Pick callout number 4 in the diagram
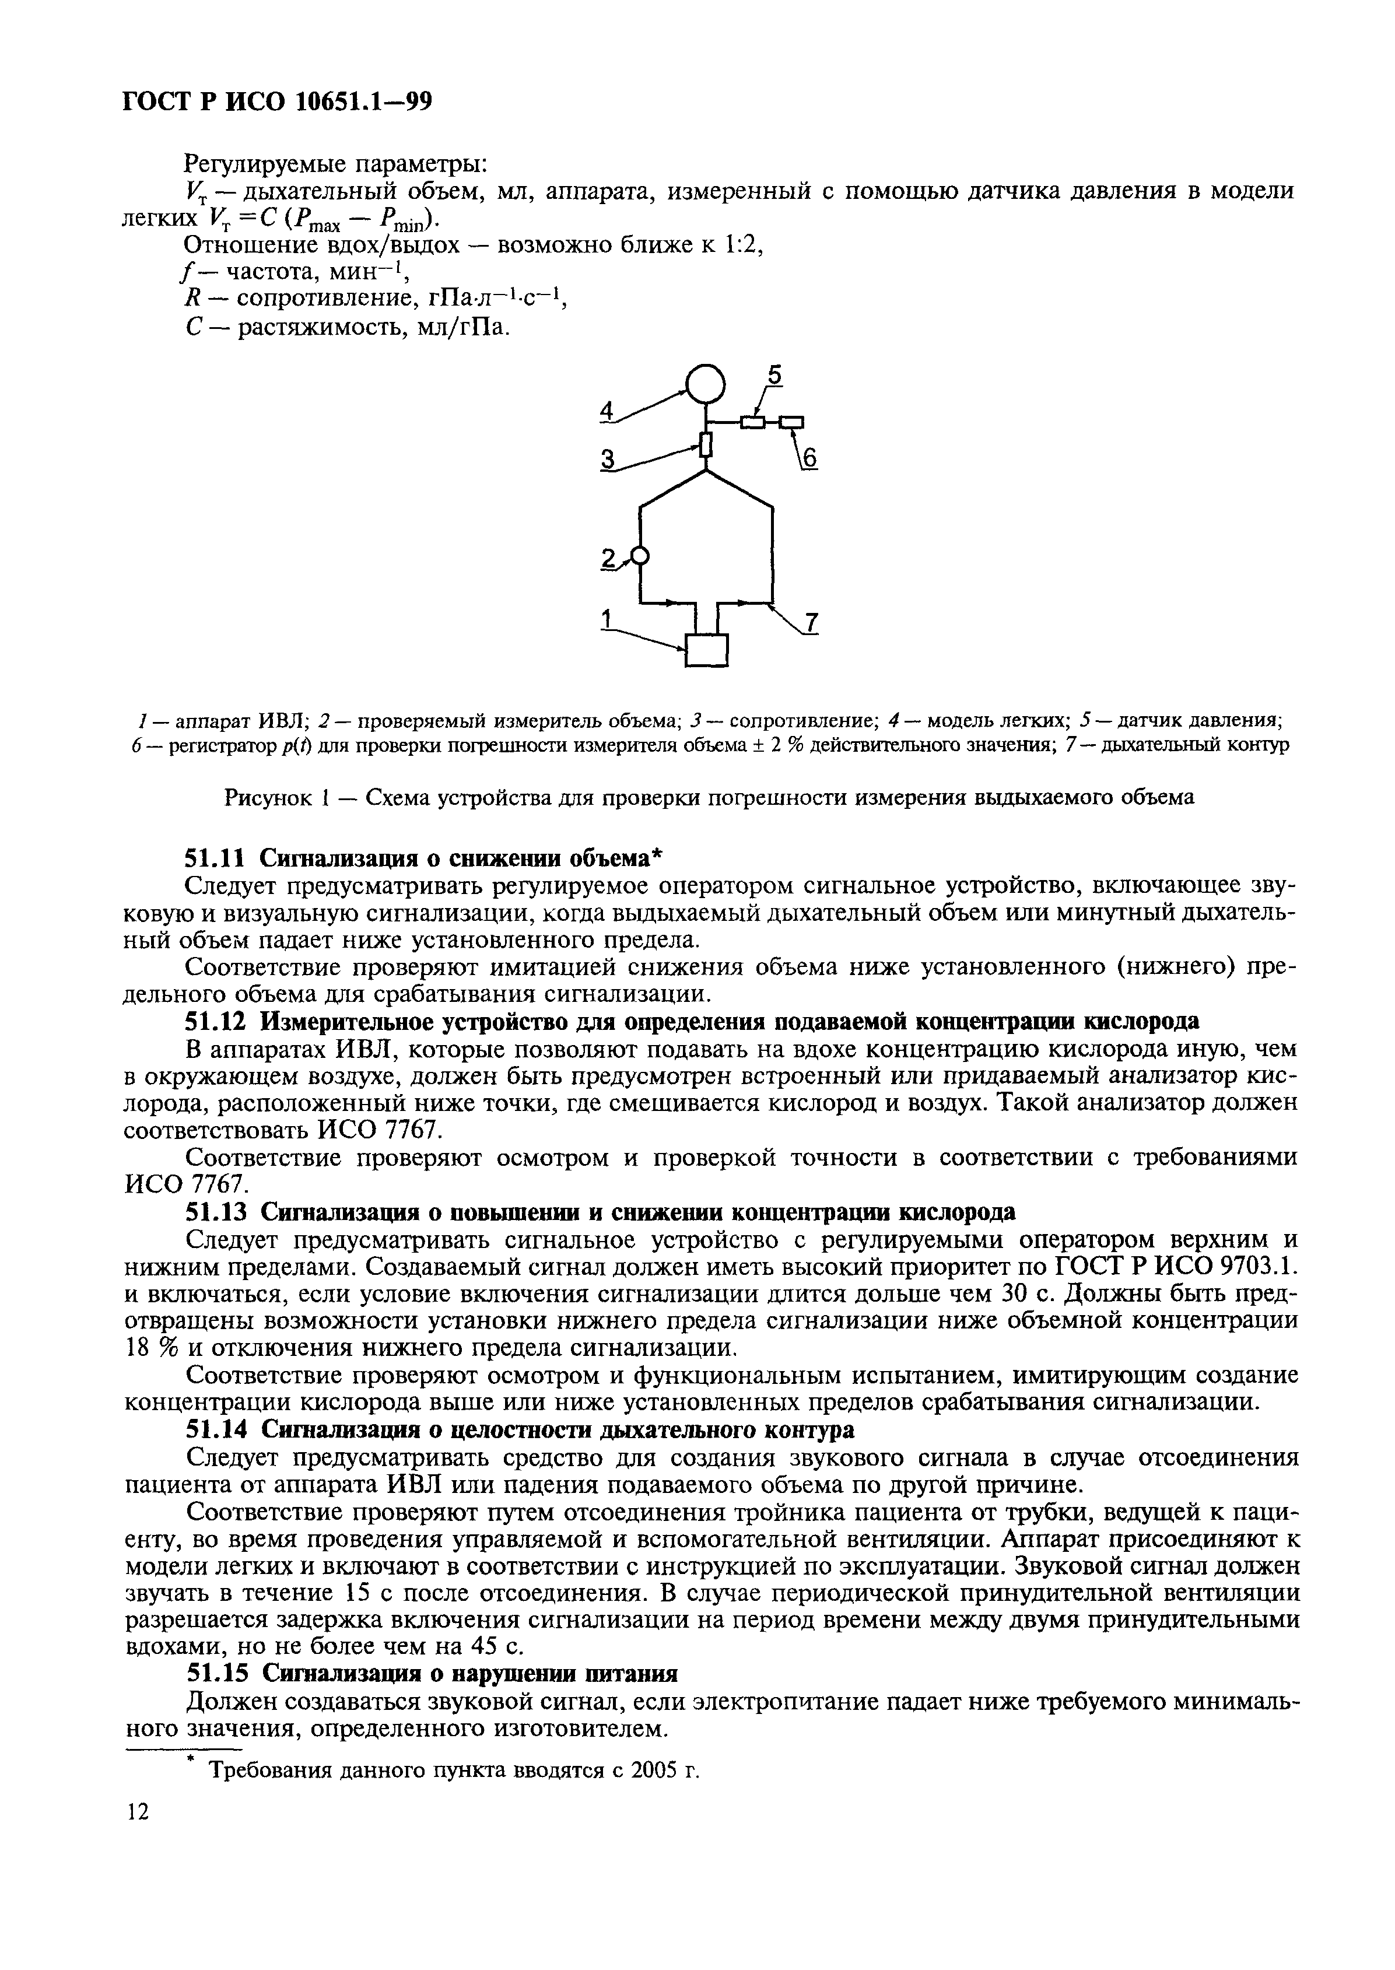[x=607, y=412]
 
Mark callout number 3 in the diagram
[x=608, y=460]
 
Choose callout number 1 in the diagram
[x=607, y=618]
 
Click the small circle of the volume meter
[x=639, y=556]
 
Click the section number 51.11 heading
[x=216, y=857]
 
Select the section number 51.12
[x=216, y=1021]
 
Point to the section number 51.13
[x=216, y=1212]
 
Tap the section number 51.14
[x=216, y=1430]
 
